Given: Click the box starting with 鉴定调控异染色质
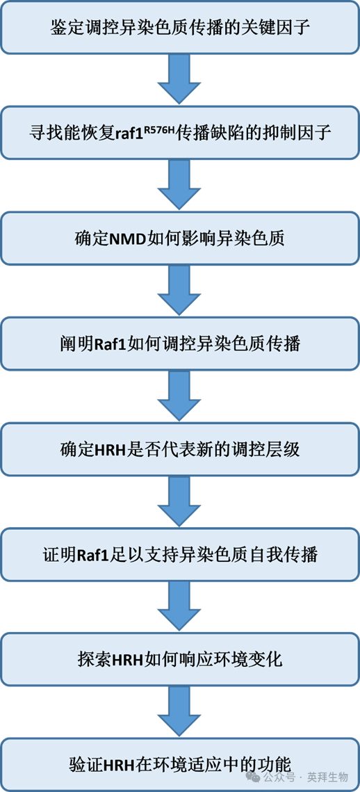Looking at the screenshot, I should point(179,28).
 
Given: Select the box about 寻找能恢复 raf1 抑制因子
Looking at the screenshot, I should point(179,132).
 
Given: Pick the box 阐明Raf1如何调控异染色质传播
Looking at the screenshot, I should point(179,344).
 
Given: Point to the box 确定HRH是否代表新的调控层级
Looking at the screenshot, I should point(179,449).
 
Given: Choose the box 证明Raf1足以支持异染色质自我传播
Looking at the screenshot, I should point(179,555).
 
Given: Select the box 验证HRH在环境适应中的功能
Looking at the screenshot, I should point(179,763).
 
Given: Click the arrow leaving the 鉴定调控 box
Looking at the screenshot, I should point(179,79).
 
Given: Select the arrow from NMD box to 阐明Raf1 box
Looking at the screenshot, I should point(179,291).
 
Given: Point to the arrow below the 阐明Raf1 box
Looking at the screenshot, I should point(179,396).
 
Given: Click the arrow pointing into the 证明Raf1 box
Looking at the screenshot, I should point(179,502).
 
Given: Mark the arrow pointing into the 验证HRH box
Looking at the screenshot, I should point(179,713).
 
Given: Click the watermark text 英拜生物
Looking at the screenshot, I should point(329,777).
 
